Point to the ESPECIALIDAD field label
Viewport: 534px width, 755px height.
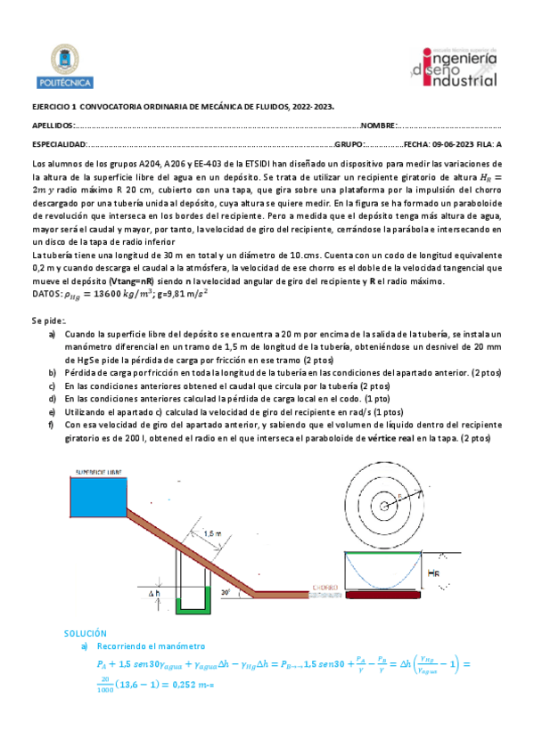tap(58, 143)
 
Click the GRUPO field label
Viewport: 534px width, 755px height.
tap(349, 143)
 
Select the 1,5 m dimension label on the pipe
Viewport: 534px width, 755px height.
tap(213, 533)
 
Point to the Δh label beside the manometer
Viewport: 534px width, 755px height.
tap(154, 592)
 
